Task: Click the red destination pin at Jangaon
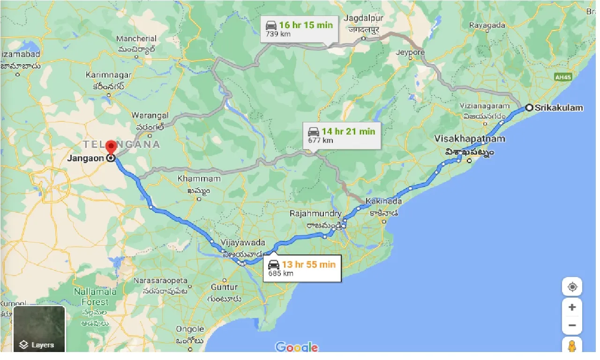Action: click(x=111, y=147)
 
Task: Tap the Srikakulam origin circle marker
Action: click(x=529, y=107)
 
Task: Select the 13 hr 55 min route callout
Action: click(x=302, y=268)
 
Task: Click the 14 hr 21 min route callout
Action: click(x=341, y=135)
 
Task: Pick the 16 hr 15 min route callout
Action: click(x=299, y=29)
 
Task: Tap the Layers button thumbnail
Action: click(x=39, y=329)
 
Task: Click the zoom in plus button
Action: click(x=572, y=307)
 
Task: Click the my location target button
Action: click(x=572, y=287)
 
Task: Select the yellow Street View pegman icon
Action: click(x=572, y=346)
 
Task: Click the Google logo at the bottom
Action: click(x=296, y=347)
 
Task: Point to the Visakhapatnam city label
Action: click(x=470, y=139)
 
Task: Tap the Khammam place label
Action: click(x=199, y=179)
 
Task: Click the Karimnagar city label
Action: click(x=108, y=75)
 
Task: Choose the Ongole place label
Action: click(x=190, y=329)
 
